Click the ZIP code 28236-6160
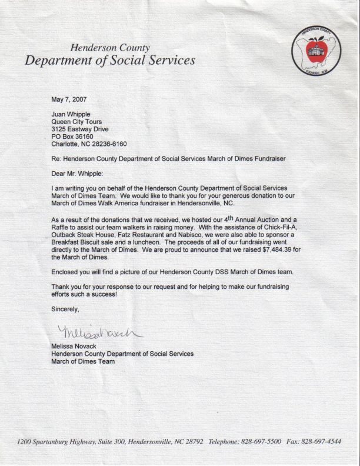(108, 144)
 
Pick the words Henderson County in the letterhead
(111, 47)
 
